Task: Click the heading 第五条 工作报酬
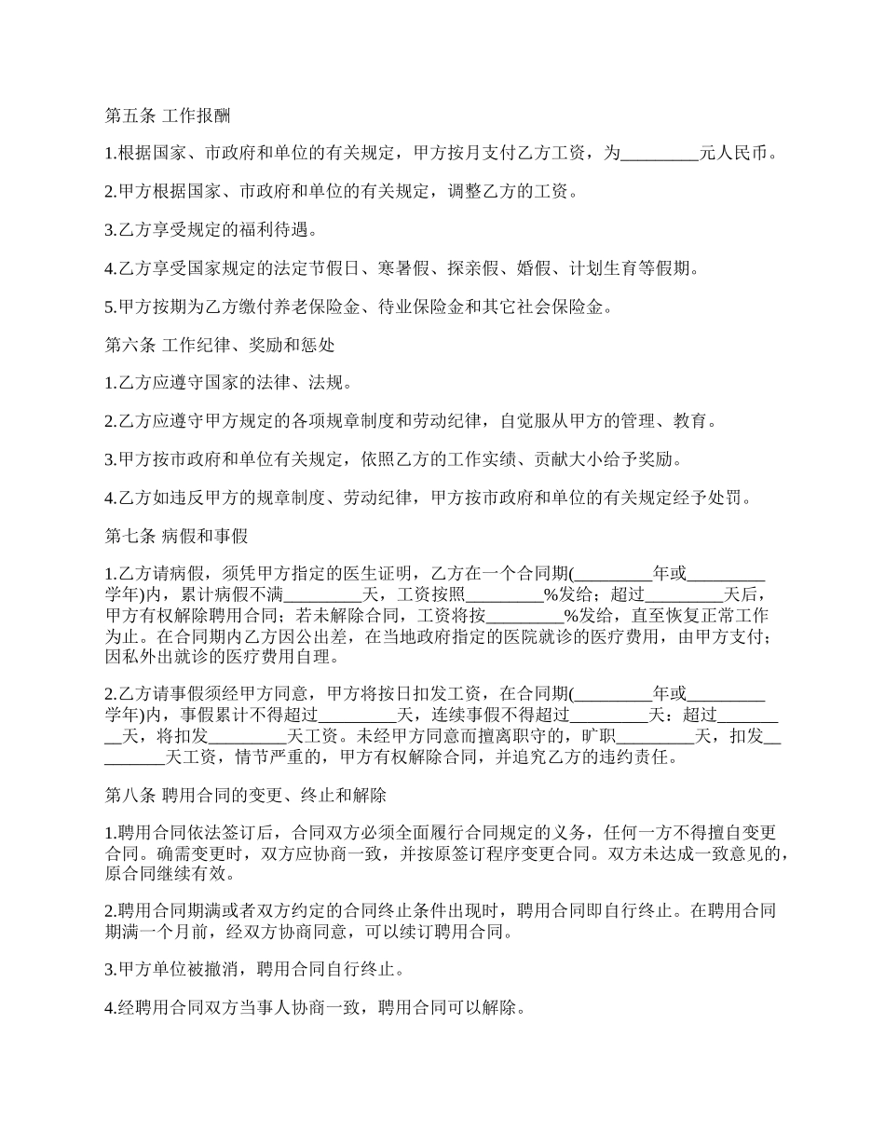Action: click(x=168, y=116)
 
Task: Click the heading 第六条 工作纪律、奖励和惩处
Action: click(x=220, y=345)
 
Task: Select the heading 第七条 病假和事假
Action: click(x=175, y=536)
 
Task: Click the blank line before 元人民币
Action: click(x=659, y=155)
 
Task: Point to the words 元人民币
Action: click(x=737, y=155)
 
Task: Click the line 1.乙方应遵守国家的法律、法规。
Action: click(x=228, y=383)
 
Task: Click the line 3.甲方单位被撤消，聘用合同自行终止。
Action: click(x=254, y=970)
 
